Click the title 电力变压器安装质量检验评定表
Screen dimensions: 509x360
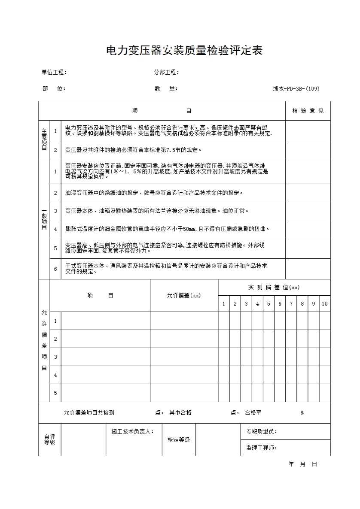click(184, 51)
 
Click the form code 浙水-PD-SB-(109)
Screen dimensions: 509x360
click(296, 89)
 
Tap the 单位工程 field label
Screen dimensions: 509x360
click(54, 73)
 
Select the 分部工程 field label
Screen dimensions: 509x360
click(167, 73)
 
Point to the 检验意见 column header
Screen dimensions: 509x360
click(308, 111)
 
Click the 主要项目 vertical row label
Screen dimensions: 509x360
click(44, 139)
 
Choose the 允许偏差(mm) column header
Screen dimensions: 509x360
click(184, 296)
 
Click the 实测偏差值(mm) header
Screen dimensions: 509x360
click(274, 288)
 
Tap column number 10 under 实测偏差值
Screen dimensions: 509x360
click(324, 304)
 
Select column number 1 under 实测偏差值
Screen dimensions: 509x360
click(223, 304)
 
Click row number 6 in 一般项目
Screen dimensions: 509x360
click(55, 269)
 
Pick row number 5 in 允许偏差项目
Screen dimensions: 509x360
click(55, 393)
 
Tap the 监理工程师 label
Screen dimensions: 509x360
click(261, 448)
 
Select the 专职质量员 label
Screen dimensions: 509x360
click(261, 432)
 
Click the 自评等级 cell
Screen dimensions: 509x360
click(50, 439)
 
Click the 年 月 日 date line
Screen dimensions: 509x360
click(303, 464)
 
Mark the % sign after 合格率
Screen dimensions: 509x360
click(302, 413)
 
